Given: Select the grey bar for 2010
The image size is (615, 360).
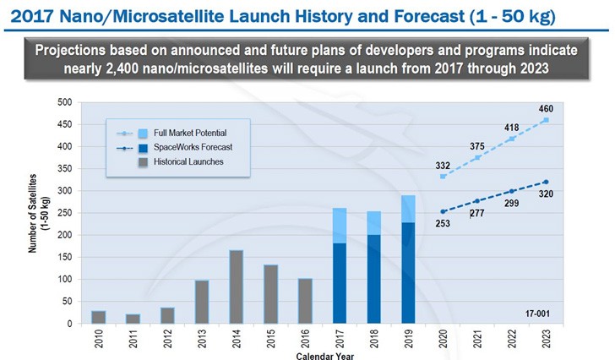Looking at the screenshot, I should (99, 317).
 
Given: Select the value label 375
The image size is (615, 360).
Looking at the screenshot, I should (477, 147).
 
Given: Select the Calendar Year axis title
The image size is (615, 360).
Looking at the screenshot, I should (324, 355).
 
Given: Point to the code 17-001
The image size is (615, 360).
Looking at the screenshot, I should (536, 314).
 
